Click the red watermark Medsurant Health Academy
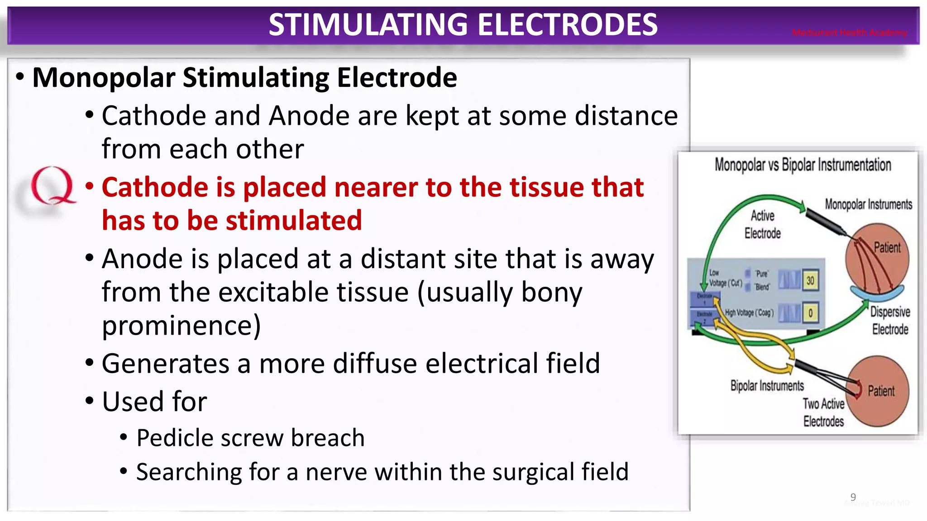849,33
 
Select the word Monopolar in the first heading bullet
104,78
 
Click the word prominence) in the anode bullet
181,325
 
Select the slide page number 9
853,497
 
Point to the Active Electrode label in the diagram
763,224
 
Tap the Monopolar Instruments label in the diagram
868,204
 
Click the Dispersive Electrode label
890,320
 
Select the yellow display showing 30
810,281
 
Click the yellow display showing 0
810,313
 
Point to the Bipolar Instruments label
767,386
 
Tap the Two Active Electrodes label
823,412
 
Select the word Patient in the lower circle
881,391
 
